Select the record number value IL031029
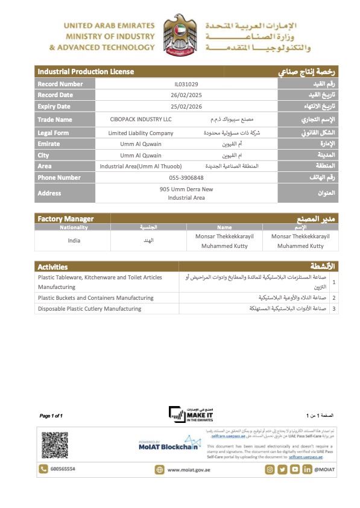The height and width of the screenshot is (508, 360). point(186,84)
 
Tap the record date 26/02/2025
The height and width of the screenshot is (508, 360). point(186,95)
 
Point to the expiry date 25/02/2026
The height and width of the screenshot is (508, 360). point(186,107)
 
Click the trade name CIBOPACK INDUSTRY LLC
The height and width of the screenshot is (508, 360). point(141,120)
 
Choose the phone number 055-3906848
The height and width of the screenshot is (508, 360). point(186,178)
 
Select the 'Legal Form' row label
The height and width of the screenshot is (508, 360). point(53,133)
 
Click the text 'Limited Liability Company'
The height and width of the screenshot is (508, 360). point(141,133)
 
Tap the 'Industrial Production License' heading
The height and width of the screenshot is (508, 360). point(86,72)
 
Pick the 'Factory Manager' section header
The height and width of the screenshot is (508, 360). point(66,218)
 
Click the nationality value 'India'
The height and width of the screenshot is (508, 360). point(74,241)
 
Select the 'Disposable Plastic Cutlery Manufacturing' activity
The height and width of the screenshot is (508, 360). point(89,309)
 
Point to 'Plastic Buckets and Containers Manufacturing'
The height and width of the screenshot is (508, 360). point(95,298)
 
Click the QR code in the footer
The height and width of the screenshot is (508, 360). point(54,445)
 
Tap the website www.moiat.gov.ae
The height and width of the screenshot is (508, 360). point(188,469)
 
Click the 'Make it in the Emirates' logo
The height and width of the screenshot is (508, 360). point(191,415)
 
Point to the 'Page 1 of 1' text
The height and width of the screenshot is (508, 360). point(51,416)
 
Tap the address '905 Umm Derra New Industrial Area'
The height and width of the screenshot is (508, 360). point(186,194)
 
